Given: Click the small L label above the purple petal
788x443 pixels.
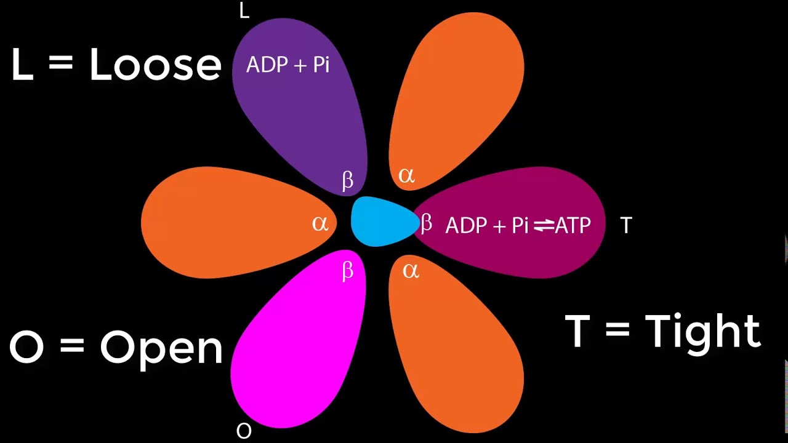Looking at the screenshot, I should [x=244, y=11].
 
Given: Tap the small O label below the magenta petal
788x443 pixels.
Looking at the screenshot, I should [x=244, y=431].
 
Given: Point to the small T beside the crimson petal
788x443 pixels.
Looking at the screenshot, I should [x=626, y=226].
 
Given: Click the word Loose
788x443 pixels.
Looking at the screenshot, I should [x=155, y=65].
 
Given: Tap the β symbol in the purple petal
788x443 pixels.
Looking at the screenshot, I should [x=348, y=180].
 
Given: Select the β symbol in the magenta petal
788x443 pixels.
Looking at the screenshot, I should [x=348, y=271].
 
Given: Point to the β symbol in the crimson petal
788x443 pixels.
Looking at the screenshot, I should [x=426, y=223].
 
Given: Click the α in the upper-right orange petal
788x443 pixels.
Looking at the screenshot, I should [x=406, y=176].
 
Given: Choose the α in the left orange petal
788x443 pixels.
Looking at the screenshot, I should [x=320, y=223].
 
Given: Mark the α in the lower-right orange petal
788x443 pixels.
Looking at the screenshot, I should [x=411, y=270].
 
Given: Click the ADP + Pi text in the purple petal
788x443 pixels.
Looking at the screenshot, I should [x=287, y=65].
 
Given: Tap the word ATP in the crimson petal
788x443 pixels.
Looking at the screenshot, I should [x=573, y=226].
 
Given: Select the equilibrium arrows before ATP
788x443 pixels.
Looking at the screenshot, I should [x=544, y=226].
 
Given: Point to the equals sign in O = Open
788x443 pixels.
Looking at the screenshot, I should [x=72, y=346].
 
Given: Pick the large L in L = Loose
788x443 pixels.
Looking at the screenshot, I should [x=22, y=65].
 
